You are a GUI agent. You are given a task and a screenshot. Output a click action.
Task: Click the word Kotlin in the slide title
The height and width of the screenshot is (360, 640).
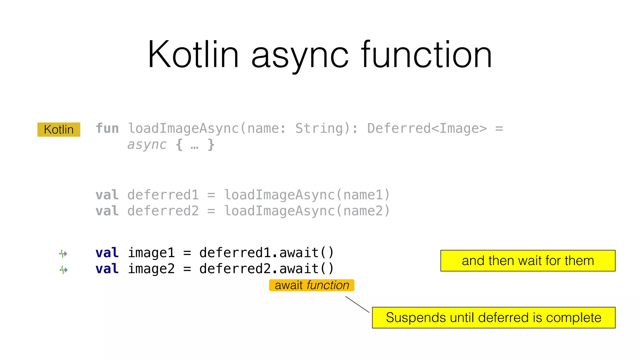tap(193, 55)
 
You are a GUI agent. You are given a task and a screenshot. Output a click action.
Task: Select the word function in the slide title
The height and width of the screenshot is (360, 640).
tap(426, 55)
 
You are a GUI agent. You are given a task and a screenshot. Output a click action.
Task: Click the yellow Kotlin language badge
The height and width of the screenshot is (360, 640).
tap(59, 129)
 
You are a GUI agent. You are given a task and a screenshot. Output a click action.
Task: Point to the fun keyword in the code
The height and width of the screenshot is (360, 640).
tap(107, 128)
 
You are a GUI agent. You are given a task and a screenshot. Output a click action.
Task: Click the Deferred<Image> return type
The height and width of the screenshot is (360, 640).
tap(427, 128)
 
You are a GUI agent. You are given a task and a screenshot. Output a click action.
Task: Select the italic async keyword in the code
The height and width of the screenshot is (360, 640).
tap(147, 145)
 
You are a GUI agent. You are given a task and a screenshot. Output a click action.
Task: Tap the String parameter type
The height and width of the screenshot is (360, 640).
tap(319, 128)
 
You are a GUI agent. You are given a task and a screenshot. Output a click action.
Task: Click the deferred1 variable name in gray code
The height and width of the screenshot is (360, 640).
tap(163, 195)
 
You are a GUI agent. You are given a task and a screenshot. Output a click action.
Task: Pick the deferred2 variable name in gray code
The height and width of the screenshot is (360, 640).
tap(163, 211)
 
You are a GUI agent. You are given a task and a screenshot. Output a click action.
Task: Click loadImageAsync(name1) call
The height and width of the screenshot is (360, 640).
tap(307, 195)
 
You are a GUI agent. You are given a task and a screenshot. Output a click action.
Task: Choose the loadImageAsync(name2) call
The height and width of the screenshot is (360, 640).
tap(307, 211)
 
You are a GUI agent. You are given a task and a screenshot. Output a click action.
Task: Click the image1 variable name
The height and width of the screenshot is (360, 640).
tap(151, 253)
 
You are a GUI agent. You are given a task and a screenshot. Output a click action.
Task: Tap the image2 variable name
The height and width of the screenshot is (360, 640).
tap(151, 269)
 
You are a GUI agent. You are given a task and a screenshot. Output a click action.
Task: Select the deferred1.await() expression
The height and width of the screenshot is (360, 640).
tap(267, 253)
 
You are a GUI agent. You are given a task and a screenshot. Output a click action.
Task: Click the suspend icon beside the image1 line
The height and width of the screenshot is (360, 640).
tap(63, 253)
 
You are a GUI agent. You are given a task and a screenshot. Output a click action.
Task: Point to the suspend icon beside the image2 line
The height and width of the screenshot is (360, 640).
tap(63, 269)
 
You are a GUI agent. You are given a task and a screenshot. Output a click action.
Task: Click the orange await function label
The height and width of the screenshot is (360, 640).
tap(312, 285)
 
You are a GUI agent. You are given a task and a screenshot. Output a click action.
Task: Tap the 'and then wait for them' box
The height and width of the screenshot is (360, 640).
tap(527, 261)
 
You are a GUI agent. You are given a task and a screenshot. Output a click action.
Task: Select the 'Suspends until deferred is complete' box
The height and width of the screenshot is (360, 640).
tap(493, 317)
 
